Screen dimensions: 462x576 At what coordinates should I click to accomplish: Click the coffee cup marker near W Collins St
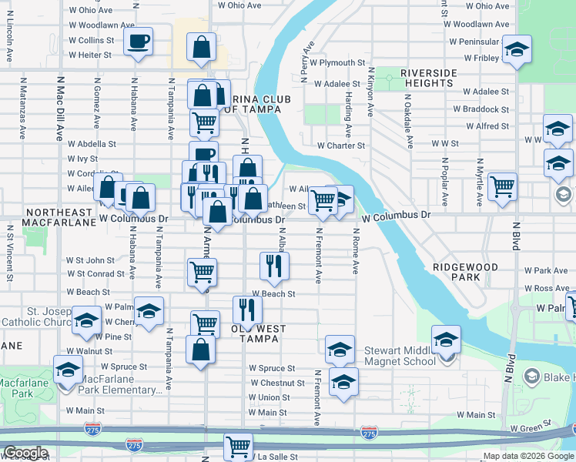[x=138, y=42]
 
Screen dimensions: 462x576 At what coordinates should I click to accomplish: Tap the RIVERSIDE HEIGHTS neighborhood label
[x=427, y=78]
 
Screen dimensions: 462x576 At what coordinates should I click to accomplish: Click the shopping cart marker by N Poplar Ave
[x=502, y=186]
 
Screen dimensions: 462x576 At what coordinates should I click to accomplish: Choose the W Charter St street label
[x=341, y=145]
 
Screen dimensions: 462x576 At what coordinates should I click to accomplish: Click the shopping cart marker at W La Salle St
[x=238, y=445]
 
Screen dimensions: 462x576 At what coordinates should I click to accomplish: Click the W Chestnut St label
[x=277, y=383]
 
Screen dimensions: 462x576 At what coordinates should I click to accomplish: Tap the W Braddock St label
[x=481, y=109]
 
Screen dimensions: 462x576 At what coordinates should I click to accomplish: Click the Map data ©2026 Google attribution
[x=528, y=456]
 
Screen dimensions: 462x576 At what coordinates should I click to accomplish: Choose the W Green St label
[x=537, y=423]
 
